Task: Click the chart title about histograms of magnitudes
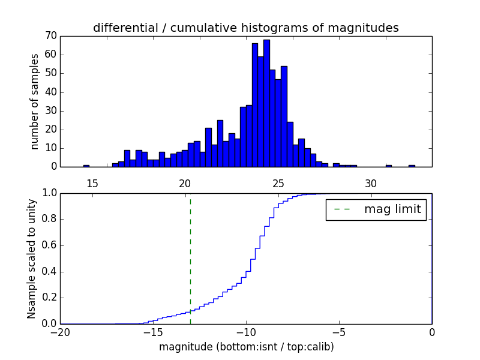coord(245,28)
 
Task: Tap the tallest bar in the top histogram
coord(266,103)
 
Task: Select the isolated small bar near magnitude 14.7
coord(86,165)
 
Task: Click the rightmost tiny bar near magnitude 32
coord(412,165)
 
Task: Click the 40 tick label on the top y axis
coord(50,92)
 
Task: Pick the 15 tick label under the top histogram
coord(92,183)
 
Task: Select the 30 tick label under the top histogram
coord(371,183)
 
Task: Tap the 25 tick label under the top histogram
coord(278,183)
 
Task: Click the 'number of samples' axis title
coord(35,101)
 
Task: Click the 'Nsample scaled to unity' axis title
coord(32,258)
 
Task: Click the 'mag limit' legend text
coord(392,209)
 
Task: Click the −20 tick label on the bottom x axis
coord(59,332)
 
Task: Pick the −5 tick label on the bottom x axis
coord(338,332)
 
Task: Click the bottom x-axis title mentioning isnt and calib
coord(246,347)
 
